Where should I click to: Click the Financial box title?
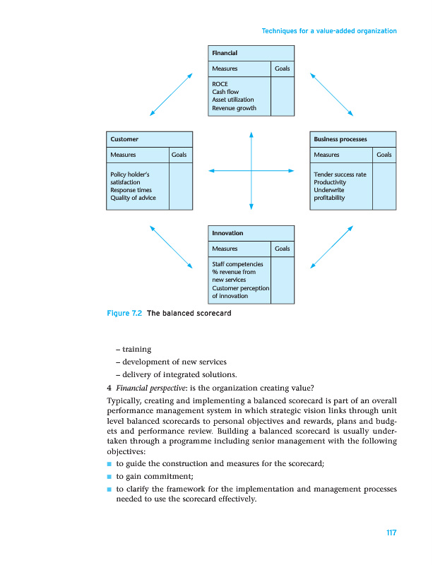(225, 54)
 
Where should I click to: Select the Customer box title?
(124, 139)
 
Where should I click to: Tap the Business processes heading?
(340, 139)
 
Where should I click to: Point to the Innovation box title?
(227, 233)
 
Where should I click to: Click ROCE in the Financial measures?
(220, 84)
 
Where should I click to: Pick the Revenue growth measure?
(234, 109)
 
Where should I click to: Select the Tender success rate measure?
(340, 174)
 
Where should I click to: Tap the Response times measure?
(131, 190)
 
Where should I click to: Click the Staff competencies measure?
(237, 264)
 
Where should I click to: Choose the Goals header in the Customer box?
(179, 155)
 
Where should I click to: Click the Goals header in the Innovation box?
(282, 249)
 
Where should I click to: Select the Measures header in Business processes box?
(326, 155)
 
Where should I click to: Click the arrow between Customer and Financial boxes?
(171, 94)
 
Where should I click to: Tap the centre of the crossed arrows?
(251, 170)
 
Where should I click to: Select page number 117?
(391, 533)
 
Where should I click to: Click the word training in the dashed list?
(136, 349)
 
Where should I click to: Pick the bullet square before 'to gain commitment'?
(109, 476)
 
